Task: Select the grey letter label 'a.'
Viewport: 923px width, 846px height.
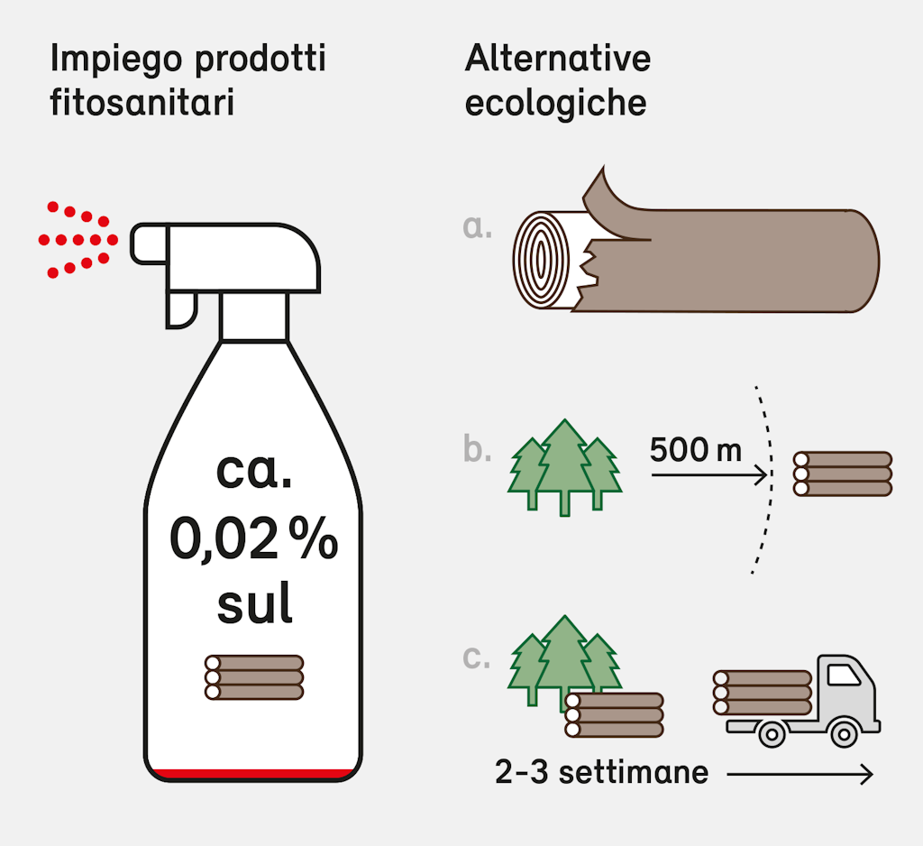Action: [x=478, y=226]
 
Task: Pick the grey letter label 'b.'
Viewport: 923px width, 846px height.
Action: [x=478, y=448]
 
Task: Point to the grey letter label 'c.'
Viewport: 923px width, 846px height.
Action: [x=477, y=657]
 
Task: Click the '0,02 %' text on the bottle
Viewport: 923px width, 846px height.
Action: [x=253, y=540]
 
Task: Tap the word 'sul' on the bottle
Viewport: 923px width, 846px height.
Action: [x=254, y=605]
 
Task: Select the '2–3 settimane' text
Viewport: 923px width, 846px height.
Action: [x=601, y=773]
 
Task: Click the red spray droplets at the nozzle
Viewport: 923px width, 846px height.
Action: [x=78, y=240]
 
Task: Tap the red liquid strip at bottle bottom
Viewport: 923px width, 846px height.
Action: [x=253, y=773]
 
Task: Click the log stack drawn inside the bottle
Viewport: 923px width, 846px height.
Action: [x=254, y=677]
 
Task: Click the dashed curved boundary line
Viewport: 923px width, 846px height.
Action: [x=767, y=478]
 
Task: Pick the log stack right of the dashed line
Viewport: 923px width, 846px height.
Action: [x=842, y=474]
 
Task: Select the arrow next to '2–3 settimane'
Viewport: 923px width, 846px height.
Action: [x=800, y=774]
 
